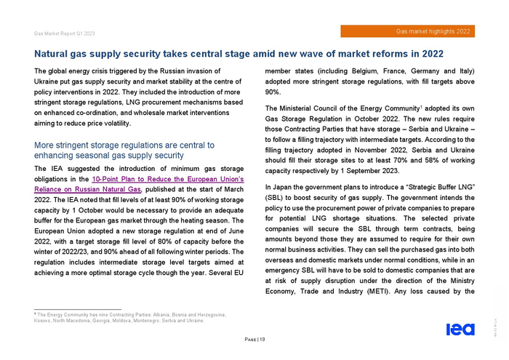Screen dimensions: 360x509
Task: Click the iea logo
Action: coord(460,329)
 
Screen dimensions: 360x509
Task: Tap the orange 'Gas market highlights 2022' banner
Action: coord(414,31)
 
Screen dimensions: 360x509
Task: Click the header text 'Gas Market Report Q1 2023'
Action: coord(64,33)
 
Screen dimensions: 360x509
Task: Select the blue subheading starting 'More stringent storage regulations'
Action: coord(124,150)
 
